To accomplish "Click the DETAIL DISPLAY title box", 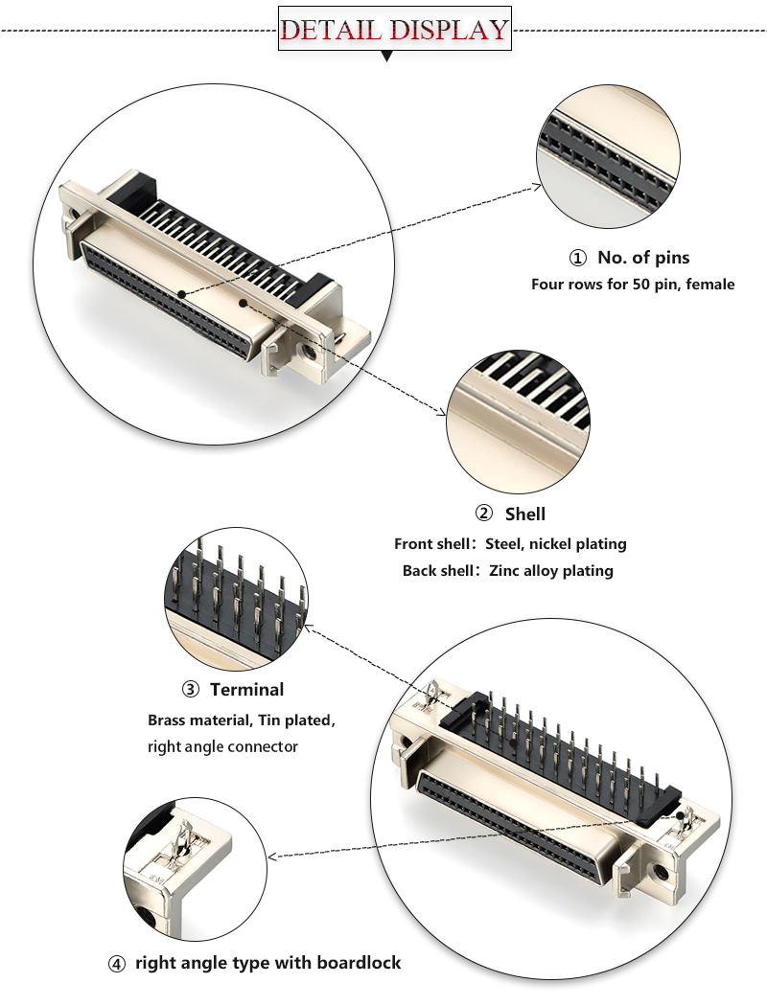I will [394, 30].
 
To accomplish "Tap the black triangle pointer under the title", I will [387, 57].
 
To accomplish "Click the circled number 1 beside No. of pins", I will [577, 258].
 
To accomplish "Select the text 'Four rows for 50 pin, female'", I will [633, 285].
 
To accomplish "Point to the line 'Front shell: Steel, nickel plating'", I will [510, 544].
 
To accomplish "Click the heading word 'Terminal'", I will [246, 690].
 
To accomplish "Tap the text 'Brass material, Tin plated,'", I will [242, 720].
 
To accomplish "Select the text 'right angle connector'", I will [222, 746].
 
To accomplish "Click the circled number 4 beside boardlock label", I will [117, 964].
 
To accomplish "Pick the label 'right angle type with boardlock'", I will [267, 964].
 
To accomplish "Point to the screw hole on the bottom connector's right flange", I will [661, 874].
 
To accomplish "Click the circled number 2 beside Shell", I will [484, 514].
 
